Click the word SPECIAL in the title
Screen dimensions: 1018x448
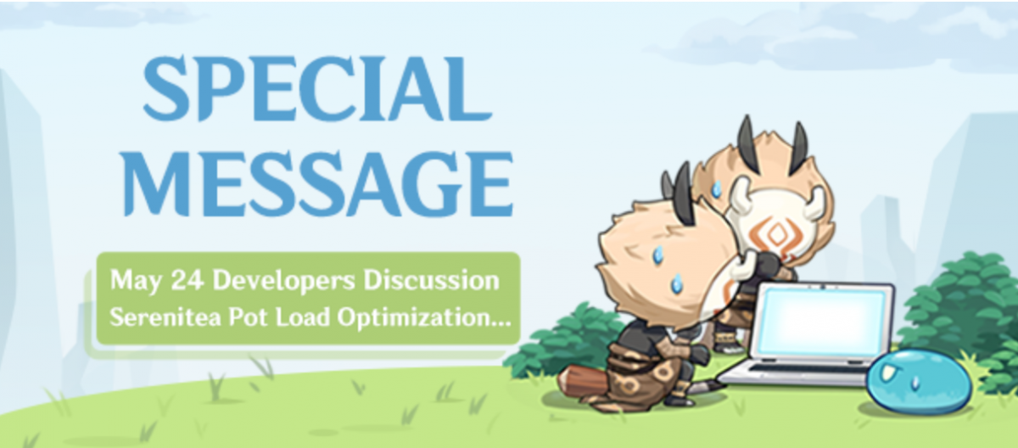317,89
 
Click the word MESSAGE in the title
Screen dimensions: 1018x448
319,183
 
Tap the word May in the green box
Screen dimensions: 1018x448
136,280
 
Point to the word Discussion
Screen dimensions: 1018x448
431,280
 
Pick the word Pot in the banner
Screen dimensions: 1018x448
247,316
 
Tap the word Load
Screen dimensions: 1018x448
302,316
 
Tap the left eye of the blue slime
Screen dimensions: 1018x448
887,373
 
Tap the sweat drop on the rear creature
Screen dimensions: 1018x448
717,188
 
